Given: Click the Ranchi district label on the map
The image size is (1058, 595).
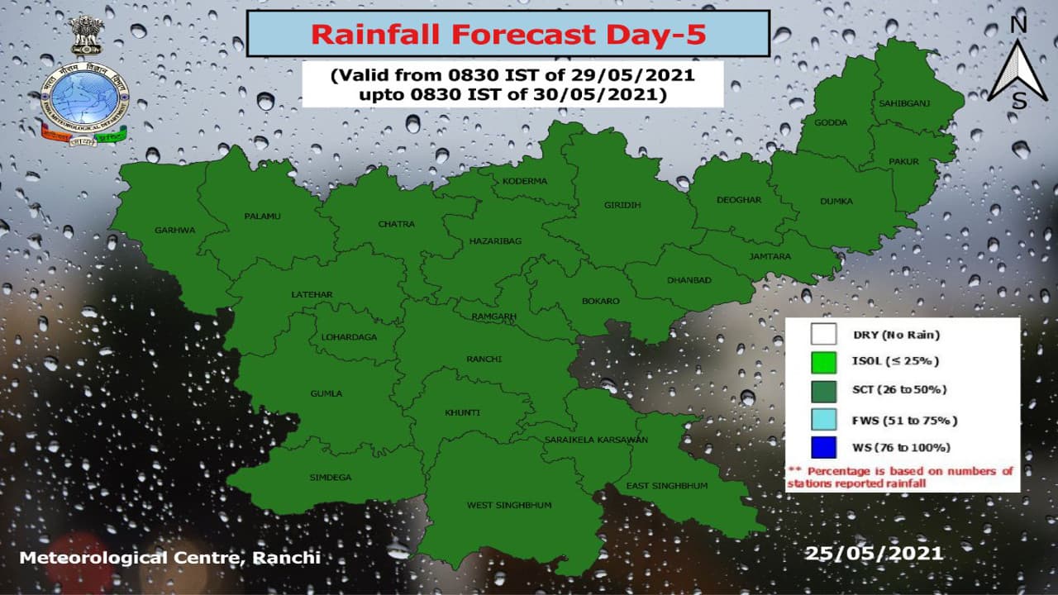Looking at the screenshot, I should click(484, 359).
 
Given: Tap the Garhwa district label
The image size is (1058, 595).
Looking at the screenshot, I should click(175, 230).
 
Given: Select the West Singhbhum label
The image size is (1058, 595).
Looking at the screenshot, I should click(509, 505).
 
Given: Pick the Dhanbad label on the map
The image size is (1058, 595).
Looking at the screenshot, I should click(689, 280).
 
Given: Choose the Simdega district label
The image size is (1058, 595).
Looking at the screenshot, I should click(331, 478).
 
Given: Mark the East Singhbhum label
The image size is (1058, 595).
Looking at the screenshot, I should click(667, 486).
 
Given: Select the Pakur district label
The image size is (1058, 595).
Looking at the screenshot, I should click(903, 160).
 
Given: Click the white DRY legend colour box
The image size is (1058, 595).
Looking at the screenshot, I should click(823, 335).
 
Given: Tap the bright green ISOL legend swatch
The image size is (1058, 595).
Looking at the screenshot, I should click(823, 362).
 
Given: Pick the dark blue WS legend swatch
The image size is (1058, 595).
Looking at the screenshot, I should click(823, 447).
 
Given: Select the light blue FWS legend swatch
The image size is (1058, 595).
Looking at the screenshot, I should click(823, 420).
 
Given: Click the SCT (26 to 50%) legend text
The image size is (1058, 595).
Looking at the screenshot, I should click(899, 389).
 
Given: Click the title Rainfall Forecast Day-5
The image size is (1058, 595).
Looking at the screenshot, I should click(508, 35).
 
